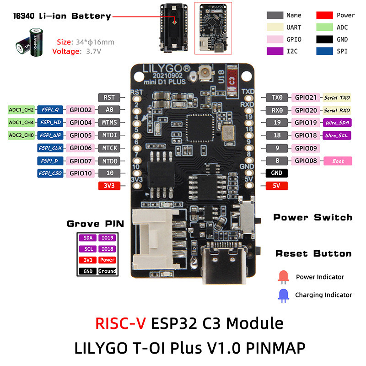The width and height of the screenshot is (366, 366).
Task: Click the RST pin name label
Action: [109, 97]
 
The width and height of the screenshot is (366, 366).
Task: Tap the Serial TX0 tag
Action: [337, 97]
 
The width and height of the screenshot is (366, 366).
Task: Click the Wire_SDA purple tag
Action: [337, 123]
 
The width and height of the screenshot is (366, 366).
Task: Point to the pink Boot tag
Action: [339, 161]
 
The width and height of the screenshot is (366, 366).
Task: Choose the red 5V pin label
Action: [277, 186]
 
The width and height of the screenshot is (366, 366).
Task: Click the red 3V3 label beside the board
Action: [109, 186]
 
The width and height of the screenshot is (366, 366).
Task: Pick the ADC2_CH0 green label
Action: [21, 135]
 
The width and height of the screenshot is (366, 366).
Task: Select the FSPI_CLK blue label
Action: [50, 148]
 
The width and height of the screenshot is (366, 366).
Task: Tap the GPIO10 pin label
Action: [81, 173]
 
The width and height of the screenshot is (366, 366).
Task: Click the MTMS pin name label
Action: [109, 123]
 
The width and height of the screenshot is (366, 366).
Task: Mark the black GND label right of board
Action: [277, 173]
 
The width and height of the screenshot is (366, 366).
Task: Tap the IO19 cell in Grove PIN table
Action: [108, 238]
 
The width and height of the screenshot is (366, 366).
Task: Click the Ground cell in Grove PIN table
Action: [108, 271]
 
